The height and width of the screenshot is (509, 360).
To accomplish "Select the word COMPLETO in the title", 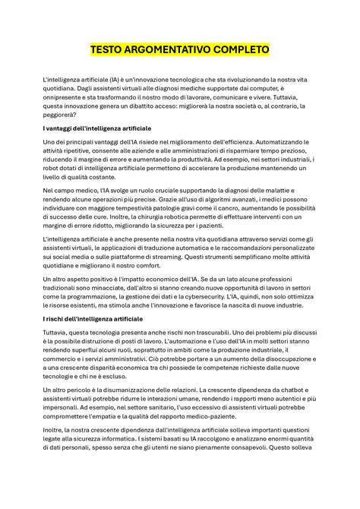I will (x=242, y=50).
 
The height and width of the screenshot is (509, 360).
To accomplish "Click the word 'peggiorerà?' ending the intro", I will (x=62, y=115).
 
